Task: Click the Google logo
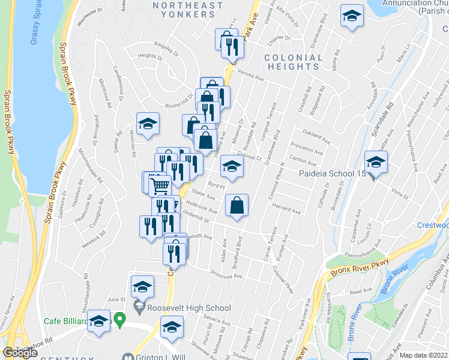click(20, 353)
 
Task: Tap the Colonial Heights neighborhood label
click(292, 62)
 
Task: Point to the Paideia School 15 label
click(333, 174)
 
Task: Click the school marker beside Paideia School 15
click(376, 163)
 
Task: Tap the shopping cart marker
click(160, 186)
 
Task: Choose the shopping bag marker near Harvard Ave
click(238, 206)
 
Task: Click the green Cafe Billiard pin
click(120, 320)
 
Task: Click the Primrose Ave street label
click(226, 275)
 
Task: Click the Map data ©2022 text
click(423, 355)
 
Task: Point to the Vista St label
click(399, 193)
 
